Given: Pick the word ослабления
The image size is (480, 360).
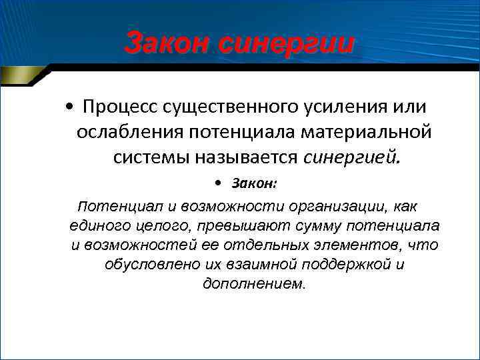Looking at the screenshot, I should coord(129,133).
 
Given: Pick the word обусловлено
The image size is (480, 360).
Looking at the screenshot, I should coord(143,264).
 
